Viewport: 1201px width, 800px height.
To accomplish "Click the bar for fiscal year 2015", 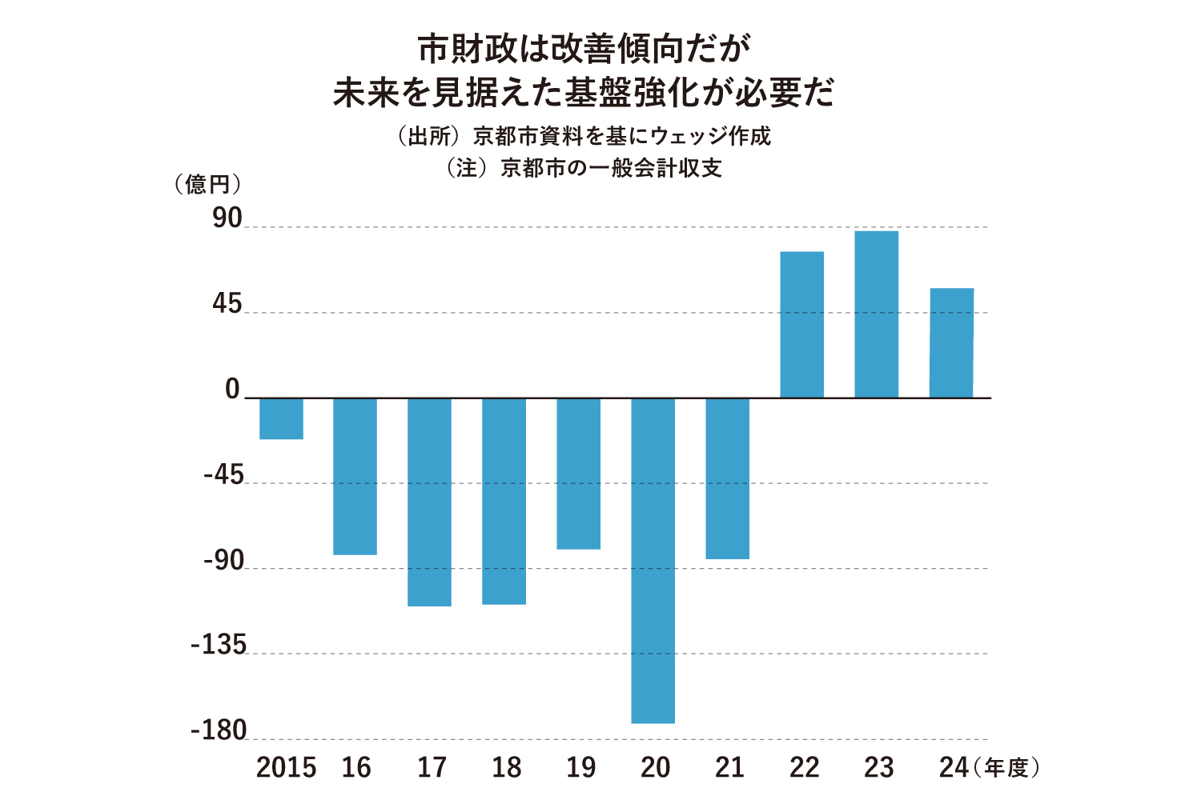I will (281, 418).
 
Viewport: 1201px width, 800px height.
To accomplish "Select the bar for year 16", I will (355, 476).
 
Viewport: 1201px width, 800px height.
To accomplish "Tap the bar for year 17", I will (429, 502).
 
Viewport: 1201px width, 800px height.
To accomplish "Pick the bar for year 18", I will (504, 501).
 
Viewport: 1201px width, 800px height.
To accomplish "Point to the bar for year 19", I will (578, 474).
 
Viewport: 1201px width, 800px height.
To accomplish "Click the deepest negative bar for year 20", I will (653, 560).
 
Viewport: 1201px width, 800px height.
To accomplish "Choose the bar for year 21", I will (727, 478).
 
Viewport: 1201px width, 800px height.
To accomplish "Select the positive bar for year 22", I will (801, 325).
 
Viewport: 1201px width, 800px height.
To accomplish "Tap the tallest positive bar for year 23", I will (876, 314).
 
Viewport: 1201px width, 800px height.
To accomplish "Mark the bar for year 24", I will (951, 342).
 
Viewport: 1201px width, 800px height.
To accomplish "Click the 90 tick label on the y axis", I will (227, 218).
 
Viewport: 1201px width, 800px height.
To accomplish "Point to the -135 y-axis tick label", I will (219, 645).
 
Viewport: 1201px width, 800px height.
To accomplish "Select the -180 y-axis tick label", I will (219, 730).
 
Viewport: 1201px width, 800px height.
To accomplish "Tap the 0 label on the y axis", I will (232, 390).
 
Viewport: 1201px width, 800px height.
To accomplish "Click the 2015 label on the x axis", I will (286, 768).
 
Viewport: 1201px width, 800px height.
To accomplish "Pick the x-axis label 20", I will (655, 768).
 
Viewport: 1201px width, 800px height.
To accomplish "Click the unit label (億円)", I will (207, 185).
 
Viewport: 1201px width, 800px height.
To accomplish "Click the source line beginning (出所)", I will (584, 136).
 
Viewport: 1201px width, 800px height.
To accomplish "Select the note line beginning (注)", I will (584, 168).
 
